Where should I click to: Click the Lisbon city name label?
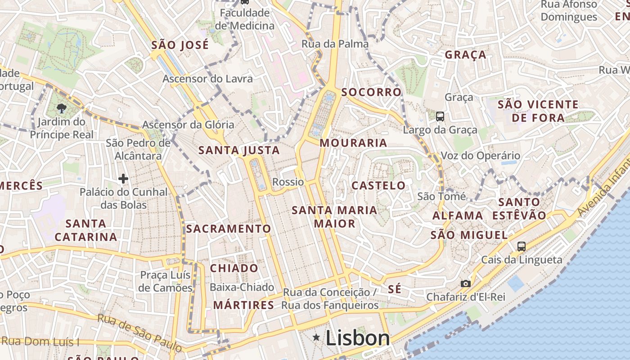357,338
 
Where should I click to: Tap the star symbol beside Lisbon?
317,337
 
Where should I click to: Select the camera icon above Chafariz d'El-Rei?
465,283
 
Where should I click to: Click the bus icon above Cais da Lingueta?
521,246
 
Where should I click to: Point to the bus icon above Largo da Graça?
440,117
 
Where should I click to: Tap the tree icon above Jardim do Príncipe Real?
61,108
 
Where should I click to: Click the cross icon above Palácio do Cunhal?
123,179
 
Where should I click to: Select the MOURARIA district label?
353,143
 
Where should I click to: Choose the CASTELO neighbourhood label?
378,185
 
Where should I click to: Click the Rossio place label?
288,182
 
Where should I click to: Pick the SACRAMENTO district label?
229,229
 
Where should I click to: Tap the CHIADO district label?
234,268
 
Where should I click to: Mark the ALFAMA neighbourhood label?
458,216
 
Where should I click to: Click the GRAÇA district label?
465,55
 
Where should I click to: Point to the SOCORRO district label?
371,92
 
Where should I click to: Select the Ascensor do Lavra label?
207,79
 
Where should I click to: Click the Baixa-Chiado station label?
242,287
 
